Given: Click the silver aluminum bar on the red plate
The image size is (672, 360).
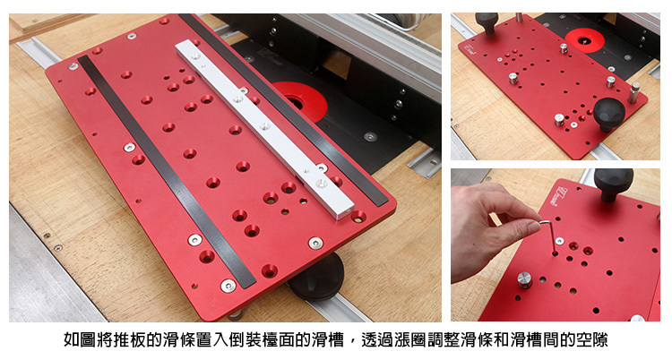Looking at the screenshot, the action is coord(264,129).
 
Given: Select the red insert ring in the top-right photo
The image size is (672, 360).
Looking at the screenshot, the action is coord(584,40).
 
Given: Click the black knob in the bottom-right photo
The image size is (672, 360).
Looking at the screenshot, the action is coord(613,184).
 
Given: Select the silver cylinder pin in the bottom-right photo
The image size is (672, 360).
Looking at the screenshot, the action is coord(524,279).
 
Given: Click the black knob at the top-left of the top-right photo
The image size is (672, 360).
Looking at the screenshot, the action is coord(487,22).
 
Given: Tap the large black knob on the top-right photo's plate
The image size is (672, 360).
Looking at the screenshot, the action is coord(609,114).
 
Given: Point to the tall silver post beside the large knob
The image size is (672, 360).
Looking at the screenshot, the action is coord(633,92).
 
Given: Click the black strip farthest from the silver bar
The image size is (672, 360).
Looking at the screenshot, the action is coord(167,171).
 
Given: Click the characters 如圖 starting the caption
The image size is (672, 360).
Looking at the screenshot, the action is coord(76,340).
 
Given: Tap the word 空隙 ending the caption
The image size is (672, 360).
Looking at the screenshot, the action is coord(597,340).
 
